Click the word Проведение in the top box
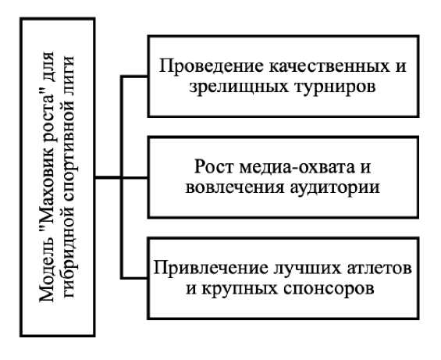212,66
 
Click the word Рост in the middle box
214,166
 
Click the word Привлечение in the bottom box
211,267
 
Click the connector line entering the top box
135,76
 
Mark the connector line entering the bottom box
135,278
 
